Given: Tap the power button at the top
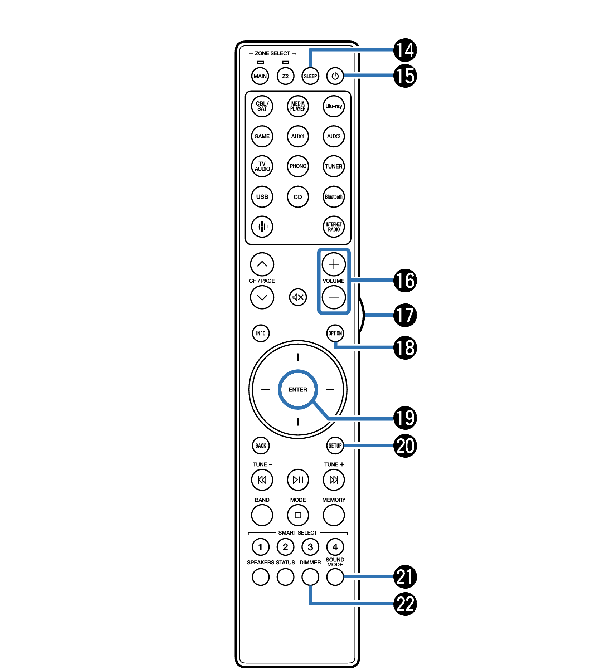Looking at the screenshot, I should click(335, 76).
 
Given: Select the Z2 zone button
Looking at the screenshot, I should click(285, 76).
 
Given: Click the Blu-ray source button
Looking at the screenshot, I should click(333, 106).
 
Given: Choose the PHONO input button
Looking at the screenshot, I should click(297, 166).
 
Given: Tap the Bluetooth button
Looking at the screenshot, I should click(333, 196).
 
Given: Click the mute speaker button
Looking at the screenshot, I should click(297, 297).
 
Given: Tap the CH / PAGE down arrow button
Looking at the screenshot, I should click(262, 297).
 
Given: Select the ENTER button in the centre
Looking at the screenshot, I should click(297, 389).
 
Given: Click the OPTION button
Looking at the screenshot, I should click(335, 333).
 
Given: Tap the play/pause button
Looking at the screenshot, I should click(297, 479).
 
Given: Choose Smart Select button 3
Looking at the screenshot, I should click(310, 547).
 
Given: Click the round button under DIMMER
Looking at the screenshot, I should click(310, 577).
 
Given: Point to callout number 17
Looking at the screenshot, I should click(405, 315).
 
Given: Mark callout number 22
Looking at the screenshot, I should click(405, 604).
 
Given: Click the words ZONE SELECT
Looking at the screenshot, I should click(272, 53).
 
